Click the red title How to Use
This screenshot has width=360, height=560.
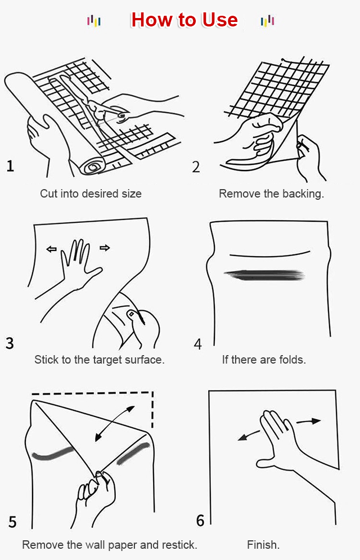[184, 20]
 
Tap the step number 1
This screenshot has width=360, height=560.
[10, 166]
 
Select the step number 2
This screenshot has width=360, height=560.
[196, 167]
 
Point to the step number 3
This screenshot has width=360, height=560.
[10, 343]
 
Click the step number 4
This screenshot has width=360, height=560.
[197, 344]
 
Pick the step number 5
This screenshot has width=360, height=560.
[12, 522]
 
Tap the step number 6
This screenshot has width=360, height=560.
[200, 521]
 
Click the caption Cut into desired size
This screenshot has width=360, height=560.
[91, 194]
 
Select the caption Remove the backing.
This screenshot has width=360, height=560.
[272, 194]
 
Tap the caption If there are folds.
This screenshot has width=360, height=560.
[264, 359]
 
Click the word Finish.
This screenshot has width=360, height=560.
[263, 545]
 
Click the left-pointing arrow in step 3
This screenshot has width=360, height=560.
[52, 249]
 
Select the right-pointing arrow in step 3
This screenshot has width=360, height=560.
[105, 248]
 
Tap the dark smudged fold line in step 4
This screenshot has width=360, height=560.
[264, 275]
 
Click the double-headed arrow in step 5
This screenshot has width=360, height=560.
[115, 424]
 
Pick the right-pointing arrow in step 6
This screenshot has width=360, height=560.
[309, 422]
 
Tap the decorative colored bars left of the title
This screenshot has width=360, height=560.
[94, 21]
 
